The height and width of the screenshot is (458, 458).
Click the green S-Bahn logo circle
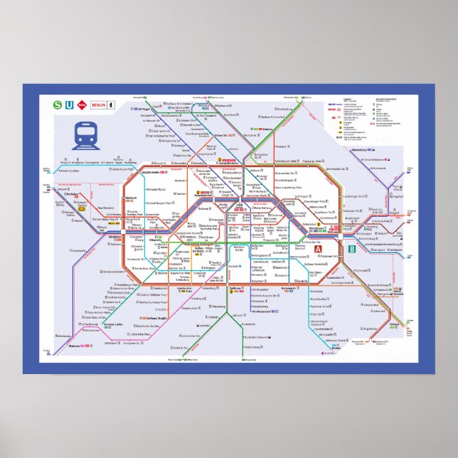tap(58, 105)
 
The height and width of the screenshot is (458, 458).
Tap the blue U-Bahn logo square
tap(69, 105)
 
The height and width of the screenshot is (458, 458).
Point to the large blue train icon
tap(86, 135)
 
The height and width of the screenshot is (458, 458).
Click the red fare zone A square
tap(319, 249)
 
